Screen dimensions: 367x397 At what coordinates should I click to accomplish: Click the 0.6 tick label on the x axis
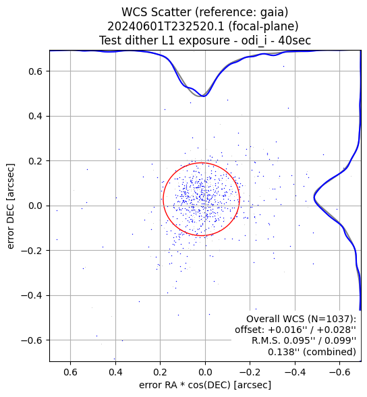(70, 372)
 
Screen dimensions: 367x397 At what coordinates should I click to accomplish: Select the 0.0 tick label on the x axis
(205, 372)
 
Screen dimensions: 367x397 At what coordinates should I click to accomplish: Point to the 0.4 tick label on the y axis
(35, 116)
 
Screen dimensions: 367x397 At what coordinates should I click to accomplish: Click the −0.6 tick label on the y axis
(32, 340)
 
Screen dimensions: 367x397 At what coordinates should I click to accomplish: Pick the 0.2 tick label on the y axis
(35, 161)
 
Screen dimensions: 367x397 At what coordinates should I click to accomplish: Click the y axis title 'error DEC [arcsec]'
(10, 206)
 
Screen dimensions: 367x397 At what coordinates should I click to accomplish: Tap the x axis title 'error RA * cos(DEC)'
(185, 385)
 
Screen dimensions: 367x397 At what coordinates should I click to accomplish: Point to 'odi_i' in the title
(254, 40)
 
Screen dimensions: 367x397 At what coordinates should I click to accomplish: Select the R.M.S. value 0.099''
(341, 341)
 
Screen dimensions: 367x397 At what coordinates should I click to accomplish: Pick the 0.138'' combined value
(283, 352)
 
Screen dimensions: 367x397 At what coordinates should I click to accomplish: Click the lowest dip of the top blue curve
(204, 96)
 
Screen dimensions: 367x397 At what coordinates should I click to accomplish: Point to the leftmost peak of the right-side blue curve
(314, 197)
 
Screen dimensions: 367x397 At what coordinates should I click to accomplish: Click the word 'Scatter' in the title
(169, 12)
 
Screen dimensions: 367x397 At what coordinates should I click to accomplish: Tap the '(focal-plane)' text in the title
(263, 26)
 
